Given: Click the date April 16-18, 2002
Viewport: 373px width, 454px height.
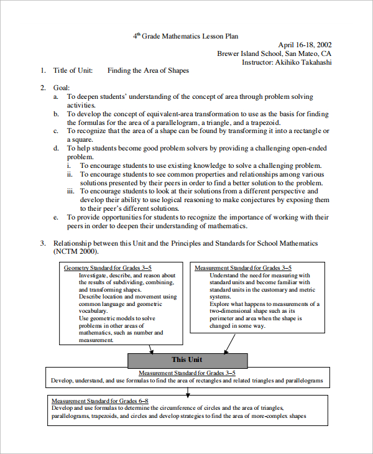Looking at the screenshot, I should coord(305,45).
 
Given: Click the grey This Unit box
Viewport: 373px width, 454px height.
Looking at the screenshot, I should coord(186,359).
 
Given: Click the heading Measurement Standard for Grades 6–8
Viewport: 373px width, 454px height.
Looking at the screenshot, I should coord(99,401).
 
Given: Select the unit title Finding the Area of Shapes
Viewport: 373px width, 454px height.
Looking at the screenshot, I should coord(148,71).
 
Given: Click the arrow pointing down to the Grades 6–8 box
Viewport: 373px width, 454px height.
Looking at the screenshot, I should coord(187,390).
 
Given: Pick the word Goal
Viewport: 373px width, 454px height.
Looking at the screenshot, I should coord(61,88).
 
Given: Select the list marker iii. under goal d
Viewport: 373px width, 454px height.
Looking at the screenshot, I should coord(71,192).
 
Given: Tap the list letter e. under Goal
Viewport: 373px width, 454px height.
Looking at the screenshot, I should coord(56,218).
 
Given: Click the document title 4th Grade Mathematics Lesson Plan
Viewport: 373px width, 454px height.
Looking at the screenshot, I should coord(186,36).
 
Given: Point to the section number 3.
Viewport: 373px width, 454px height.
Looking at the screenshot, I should coord(43,243).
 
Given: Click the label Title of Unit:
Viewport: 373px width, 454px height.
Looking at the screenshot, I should coord(73,71).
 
